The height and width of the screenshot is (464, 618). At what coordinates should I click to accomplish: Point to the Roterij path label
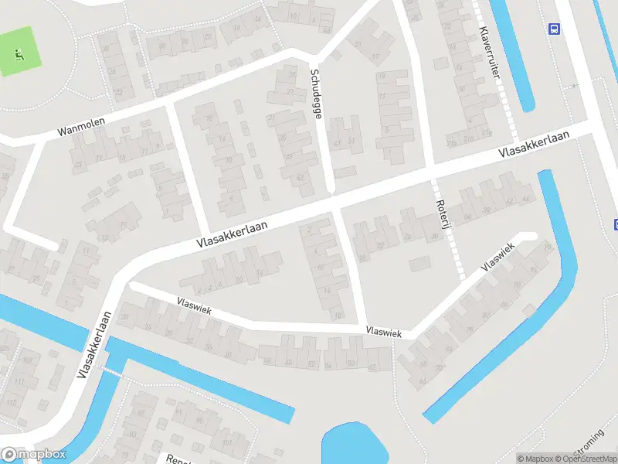click(444, 220)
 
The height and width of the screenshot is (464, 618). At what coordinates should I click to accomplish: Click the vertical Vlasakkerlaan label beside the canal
click(94, 345)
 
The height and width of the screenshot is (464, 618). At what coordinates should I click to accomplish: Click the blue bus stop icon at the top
click(554, 29)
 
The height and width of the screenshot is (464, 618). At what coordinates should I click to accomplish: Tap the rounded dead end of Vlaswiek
click(528, 237)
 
